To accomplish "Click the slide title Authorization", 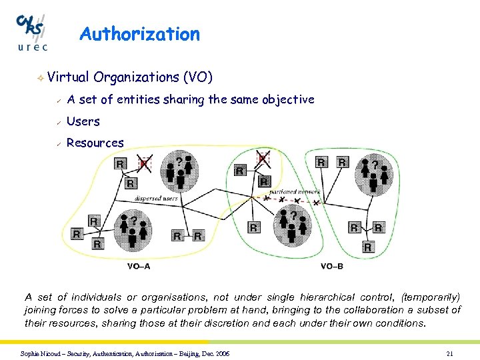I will coord(139,34).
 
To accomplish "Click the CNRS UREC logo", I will coord(32,31).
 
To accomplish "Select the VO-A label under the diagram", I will coord(139,267).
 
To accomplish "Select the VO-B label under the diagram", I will coord(331,267).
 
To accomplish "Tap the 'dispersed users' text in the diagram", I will coord(155,198).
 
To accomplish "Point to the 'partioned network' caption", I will coord(300,191).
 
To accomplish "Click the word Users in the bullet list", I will coord(83,121).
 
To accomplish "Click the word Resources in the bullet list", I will coord(95,143).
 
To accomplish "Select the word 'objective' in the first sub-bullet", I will coord(288,100).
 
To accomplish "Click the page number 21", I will coord(450,353).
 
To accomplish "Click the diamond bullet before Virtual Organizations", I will coord(41,79).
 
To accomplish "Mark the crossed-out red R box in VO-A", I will coord(143,163).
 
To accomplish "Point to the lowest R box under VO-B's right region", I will coord(367,247).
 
